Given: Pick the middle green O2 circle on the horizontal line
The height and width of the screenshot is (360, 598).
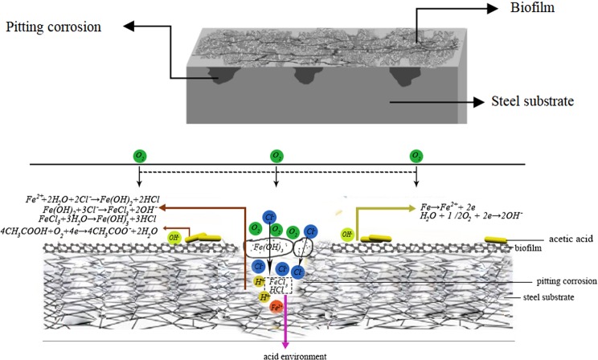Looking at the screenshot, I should point(276,155).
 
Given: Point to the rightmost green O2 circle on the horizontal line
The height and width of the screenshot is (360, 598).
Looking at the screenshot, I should point(416,155).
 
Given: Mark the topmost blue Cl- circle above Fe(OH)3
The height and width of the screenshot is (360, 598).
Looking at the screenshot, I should point(271,216).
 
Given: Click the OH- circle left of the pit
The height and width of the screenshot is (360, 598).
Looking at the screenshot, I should point(173,236).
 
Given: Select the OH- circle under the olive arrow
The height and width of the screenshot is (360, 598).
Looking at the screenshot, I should point(348,235).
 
